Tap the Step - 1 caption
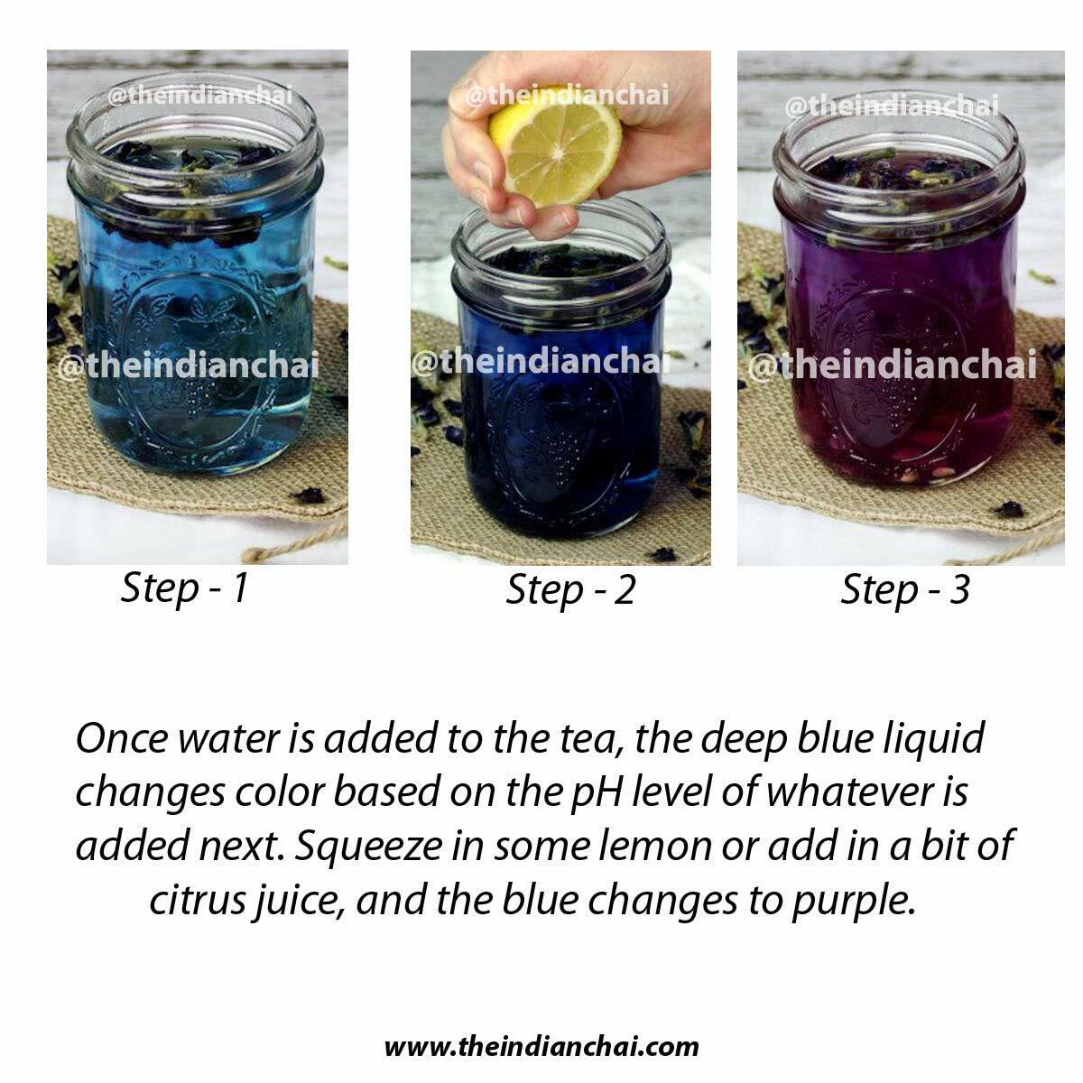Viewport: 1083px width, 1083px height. tap(184, 589)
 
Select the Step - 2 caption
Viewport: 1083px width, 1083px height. tap(569, 591)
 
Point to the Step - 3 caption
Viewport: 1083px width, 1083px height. tap(905, 591)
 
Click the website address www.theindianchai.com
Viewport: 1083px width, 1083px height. tap(541, 1047)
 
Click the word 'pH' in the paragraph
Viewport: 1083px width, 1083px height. tap(597, 793)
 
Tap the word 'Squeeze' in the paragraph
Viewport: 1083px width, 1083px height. tap(368, 847)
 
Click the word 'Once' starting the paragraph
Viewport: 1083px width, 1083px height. tap(122, 738)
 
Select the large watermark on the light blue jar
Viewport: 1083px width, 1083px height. tap(189, 365)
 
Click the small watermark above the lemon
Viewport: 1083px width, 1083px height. tap(567, 95)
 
